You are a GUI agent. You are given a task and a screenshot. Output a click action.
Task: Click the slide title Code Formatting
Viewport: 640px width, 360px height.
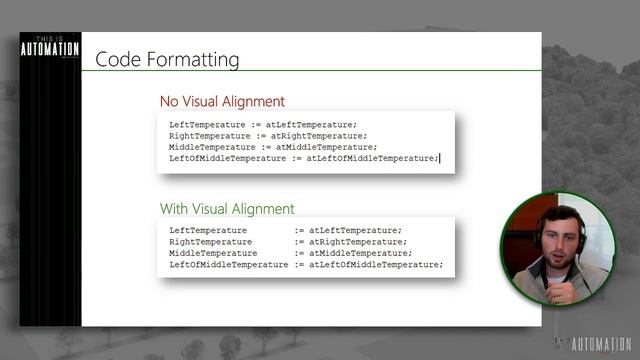point(167,60)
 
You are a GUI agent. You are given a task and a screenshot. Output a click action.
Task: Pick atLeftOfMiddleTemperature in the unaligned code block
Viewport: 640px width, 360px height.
point(371,158)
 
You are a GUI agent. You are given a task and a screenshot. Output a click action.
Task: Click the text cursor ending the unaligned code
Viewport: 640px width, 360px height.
point(439,158)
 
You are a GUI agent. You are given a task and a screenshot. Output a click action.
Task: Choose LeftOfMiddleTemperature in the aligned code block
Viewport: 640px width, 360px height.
point(229,265)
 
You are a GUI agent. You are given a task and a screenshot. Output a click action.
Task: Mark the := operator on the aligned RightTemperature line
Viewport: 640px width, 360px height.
point(299,242)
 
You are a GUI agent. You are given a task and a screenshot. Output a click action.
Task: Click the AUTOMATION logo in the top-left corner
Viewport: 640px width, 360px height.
point(50,49)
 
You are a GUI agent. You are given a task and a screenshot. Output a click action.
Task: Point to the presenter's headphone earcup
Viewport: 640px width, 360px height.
point(537,238)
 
